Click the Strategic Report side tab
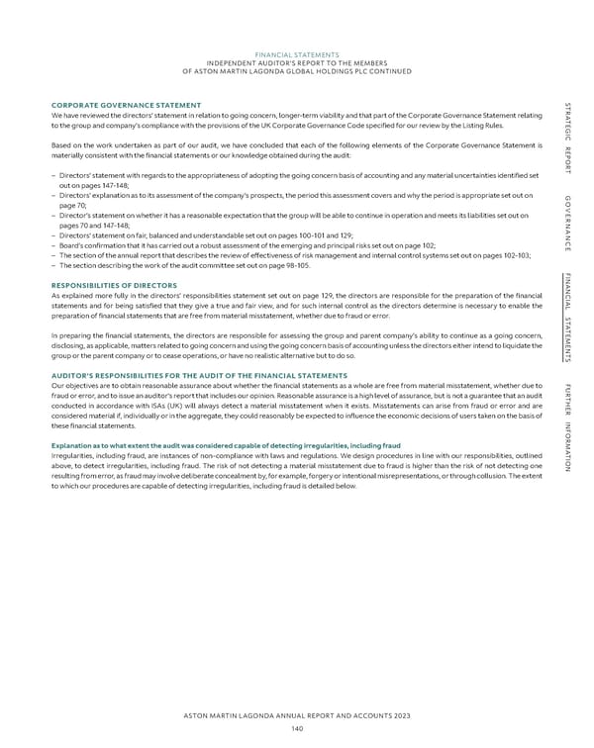click(x=565, y=139)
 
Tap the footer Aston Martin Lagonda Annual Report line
click(x=297, y=715)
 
